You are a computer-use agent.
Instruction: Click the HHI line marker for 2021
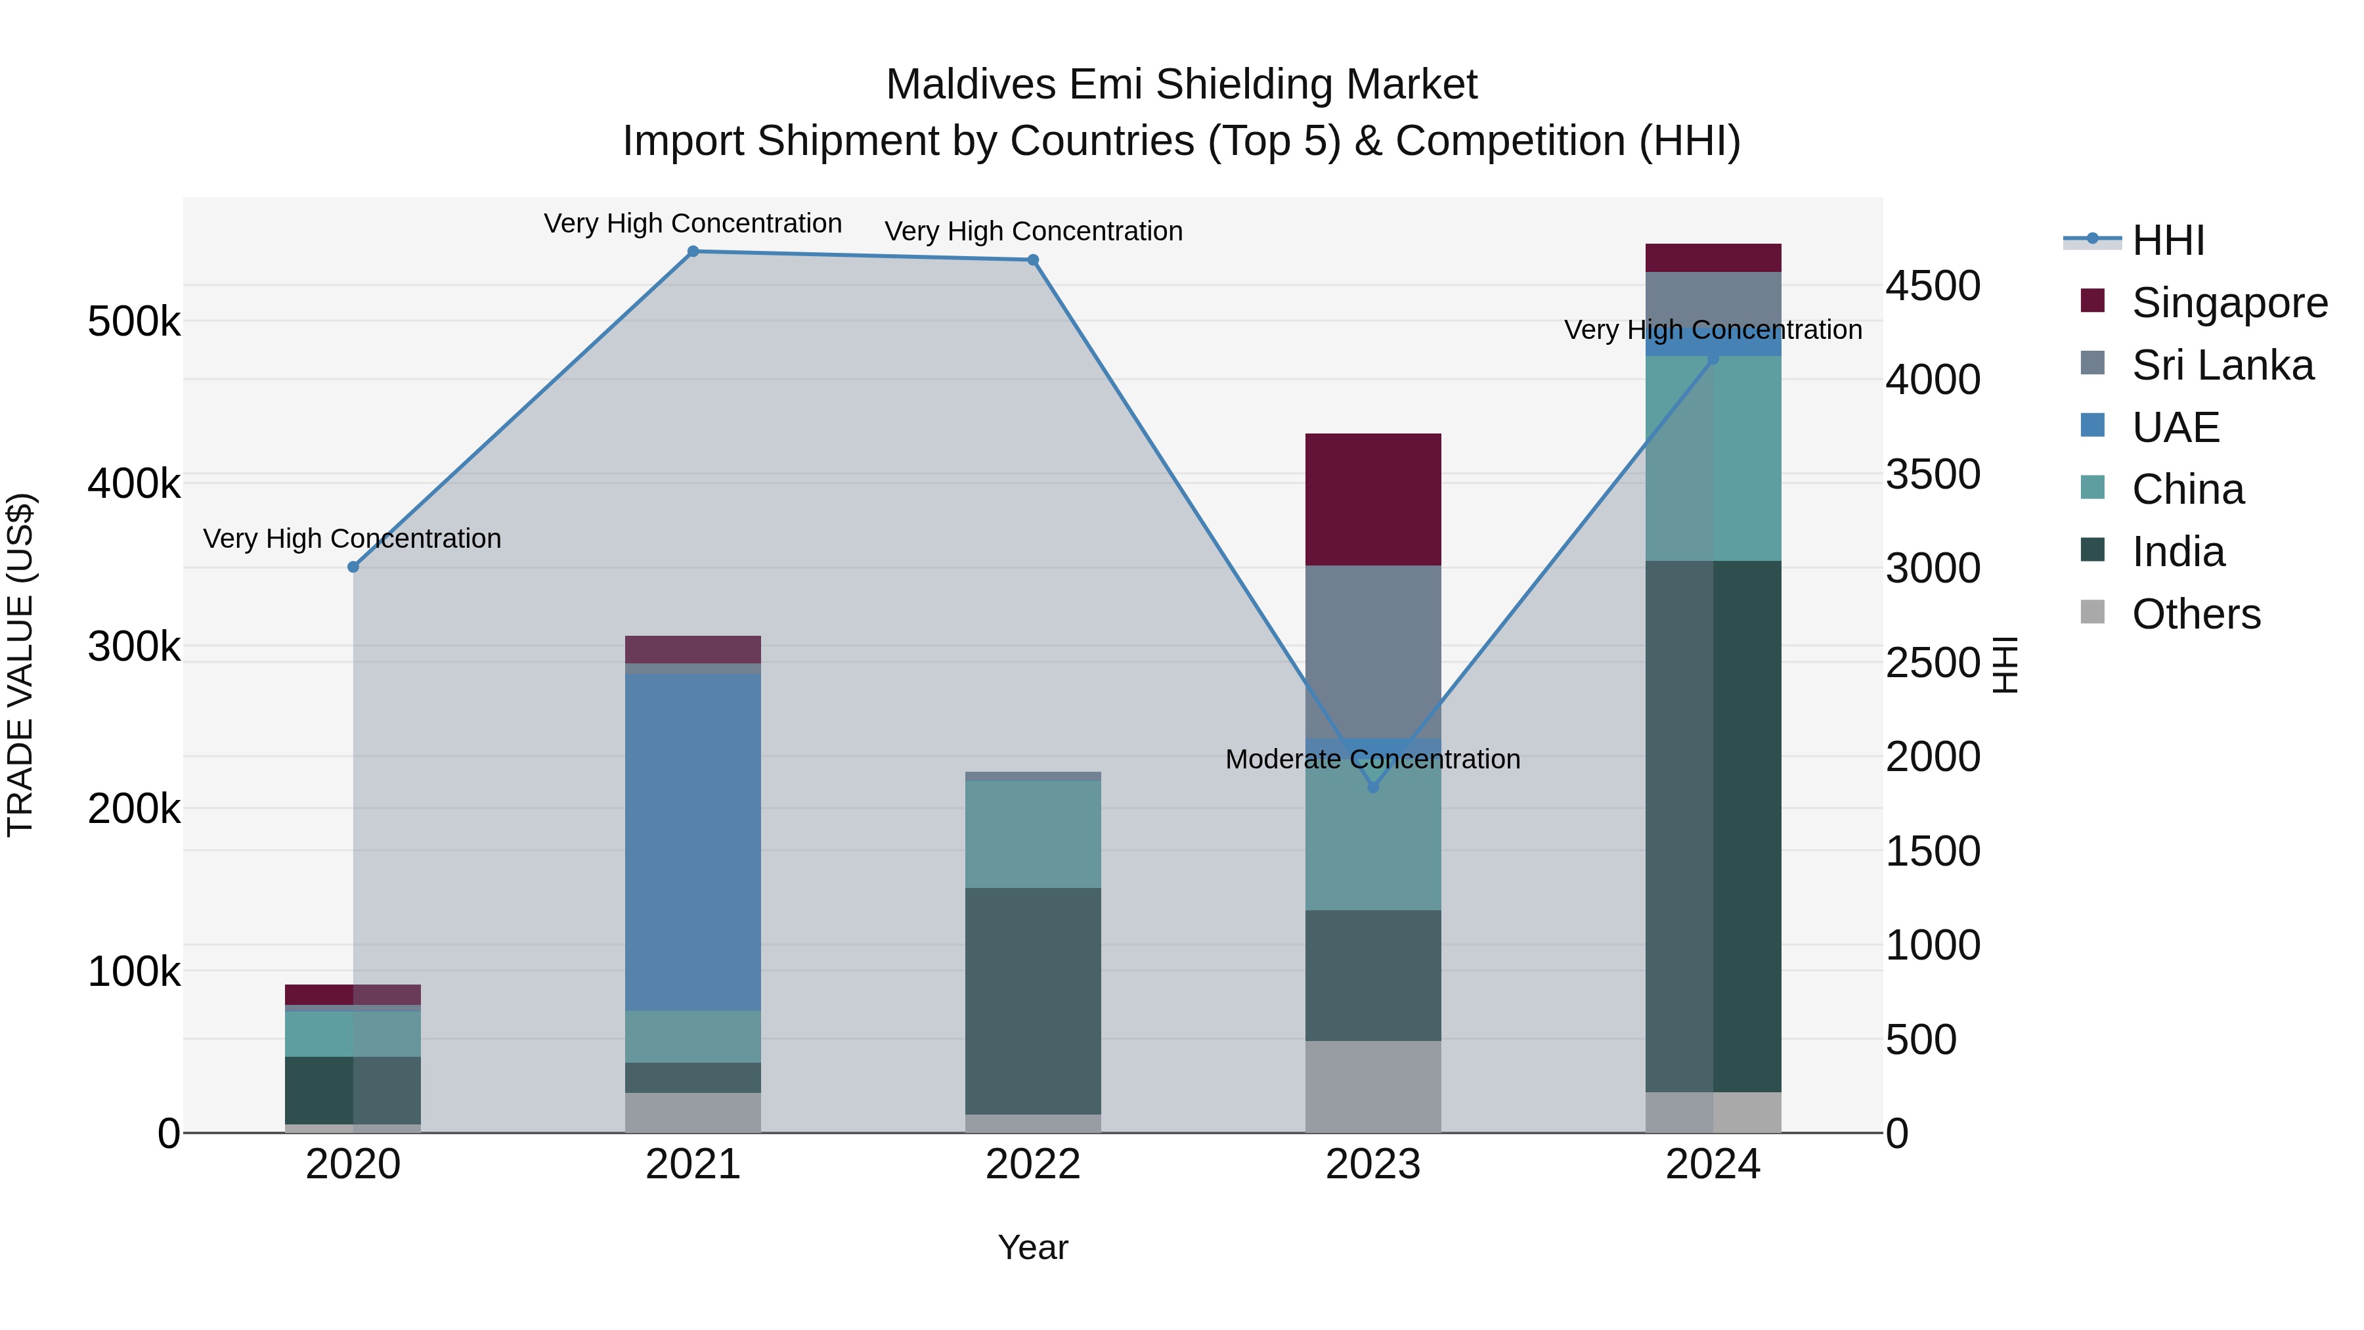coord(693,252)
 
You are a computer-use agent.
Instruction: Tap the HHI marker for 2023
coord(1373,787)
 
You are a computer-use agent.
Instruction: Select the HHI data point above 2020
coord(353,567)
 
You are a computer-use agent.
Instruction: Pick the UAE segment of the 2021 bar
coord(693,842)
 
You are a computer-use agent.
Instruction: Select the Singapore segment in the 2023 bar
coord(1373,499)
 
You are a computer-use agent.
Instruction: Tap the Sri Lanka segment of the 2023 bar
coord(1373,652)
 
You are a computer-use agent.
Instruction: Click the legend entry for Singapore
coord(2228,303)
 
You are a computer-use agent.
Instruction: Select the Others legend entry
coord(2195,614)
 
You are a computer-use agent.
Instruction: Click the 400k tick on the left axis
coord(134,483)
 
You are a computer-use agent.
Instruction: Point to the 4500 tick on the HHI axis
coord(1933,286)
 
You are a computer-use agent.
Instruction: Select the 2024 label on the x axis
coord(1713,1164)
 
